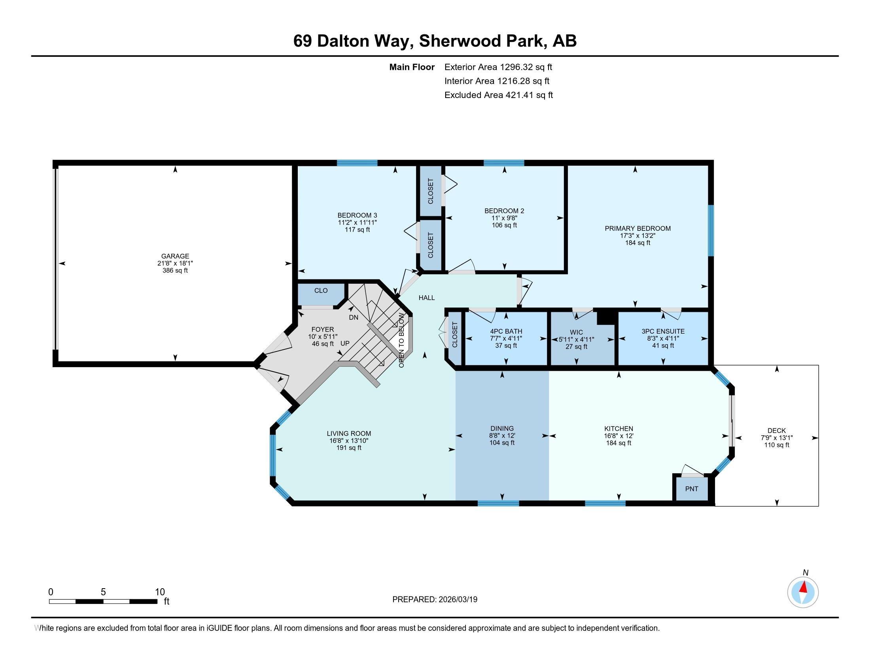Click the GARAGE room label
click(x=175, y=257)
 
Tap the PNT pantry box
click(x=692, y=489)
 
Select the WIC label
click(x=577, y=332)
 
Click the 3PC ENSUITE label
click(x=663, y=331)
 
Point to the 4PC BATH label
click(x=506, y=331)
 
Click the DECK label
click(x=776, y=430)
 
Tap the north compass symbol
click(x=803, y=592)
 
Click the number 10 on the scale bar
click(x=160, y=592)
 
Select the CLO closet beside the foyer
click(x=321, y=294)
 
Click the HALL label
click(x=427, y=298)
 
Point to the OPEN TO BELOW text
click(x=401, y=340)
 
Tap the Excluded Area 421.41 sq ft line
click(x=499, y=95)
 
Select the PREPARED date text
click(x=435, y=599)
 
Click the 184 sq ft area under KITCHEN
click(x=618, y=443)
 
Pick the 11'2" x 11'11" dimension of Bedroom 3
click(x=357, y=223)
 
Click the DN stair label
click(x=353, y=317)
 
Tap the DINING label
click(x=502, y=429)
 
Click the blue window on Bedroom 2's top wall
click(x=504, y=162)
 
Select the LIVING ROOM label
click(x=349, y=434)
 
